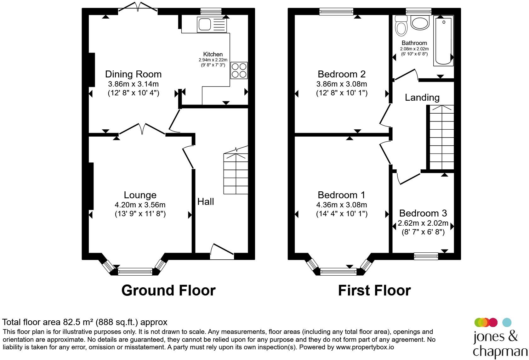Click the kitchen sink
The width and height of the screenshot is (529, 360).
[x=212, y=24]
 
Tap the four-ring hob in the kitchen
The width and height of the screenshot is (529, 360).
[x=239, y=70]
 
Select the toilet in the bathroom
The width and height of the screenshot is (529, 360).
[x=401, y=26]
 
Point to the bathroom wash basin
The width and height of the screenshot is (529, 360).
[x=420, y=22]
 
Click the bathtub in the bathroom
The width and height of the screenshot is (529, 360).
[x=443, y=40]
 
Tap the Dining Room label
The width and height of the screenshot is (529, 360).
[x=134, y=74]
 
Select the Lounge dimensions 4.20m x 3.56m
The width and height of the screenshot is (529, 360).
[x=140, y=205]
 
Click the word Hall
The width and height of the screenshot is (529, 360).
[x=206, y=202]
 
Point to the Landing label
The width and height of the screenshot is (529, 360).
[x=422, y=98]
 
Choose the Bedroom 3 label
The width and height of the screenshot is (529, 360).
[x=423, y=213]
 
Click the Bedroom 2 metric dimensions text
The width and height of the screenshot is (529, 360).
[x=342, y=84]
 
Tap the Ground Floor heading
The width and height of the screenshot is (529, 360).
[x=168, y=290]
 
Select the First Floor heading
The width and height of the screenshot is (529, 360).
[x=375, y=290]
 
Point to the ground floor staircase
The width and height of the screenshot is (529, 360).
[x=236, y=170]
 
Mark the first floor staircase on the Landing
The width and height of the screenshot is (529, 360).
[x=441, y=137]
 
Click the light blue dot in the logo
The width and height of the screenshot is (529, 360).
[x=507, y=323]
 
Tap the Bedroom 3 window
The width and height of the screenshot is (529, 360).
[x=426, y=256]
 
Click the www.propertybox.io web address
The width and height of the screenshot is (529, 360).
[x=365, y=347]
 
